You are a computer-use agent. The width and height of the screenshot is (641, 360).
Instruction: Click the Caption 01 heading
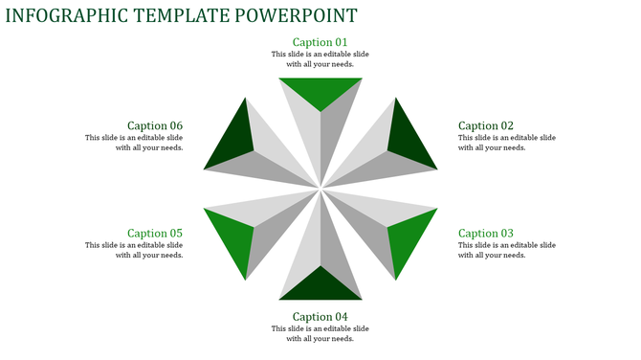point(320,42)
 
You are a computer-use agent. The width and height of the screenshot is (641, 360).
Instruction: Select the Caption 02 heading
point(486,126)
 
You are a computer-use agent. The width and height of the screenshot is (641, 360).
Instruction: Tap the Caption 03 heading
point(486,234)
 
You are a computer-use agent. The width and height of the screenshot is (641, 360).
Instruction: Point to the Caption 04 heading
point(320,317)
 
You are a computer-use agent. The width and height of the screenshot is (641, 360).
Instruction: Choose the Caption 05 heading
point(155,234)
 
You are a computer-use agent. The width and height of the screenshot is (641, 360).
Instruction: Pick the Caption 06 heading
point(155,126)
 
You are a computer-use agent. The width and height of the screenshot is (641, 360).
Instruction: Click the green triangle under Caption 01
point(320,91)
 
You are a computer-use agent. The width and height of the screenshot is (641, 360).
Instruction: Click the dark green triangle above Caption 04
point(320,286)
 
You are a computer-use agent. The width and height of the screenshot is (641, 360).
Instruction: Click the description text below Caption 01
point(320,59)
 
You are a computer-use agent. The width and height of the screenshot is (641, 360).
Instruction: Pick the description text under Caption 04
point(320,333)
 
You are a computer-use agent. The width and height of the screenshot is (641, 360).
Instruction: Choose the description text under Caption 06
point(135,143)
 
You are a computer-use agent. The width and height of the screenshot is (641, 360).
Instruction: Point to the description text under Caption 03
point(506,250)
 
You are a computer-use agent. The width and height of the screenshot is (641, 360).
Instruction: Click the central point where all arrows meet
point(320,189)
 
